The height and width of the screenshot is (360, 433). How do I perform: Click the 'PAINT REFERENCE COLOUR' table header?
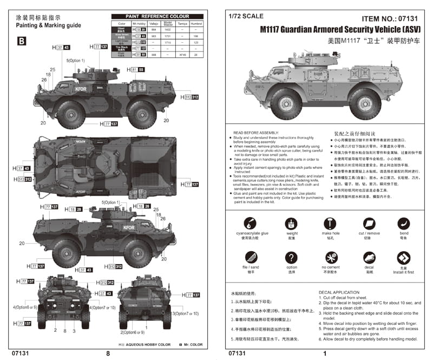click(x=157, y=17)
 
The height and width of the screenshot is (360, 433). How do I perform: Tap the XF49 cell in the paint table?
click(x=182, y=55)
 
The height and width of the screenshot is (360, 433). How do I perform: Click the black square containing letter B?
click(x=22, y=41)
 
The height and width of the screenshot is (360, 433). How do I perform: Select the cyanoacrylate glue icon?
click(x=250, y=223)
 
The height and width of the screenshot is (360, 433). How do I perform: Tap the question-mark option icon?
click(x=292, y=258)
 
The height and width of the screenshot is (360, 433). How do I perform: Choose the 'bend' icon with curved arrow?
click(x=404, y=223)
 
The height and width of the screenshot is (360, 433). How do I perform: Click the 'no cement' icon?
click(x=331, y=258)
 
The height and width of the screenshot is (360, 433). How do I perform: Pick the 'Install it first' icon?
click(x=403, y=258)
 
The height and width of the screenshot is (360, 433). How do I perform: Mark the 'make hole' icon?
click(x=331, y=223)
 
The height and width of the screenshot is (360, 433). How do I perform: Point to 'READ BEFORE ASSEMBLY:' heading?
click(x=255, y=132)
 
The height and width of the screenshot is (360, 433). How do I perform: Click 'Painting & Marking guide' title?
click(x=48, y=25)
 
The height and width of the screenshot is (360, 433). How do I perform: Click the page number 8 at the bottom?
click(x=108, y=354)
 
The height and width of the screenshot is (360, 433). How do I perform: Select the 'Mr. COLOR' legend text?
click(x=192, y=344)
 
